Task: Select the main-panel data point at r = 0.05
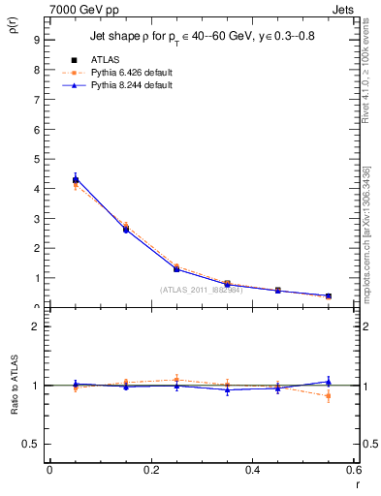click(75, 179)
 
